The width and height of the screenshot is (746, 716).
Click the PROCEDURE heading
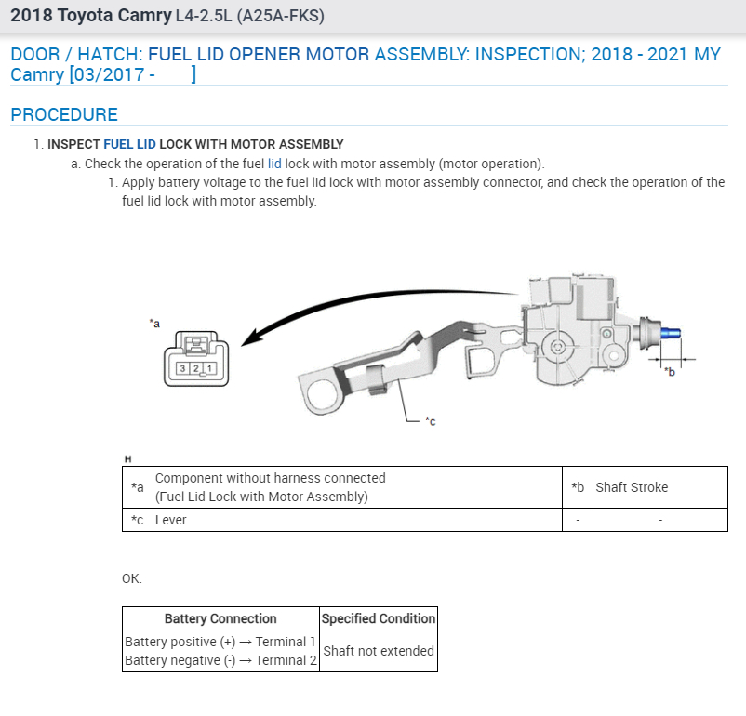pos(64,114)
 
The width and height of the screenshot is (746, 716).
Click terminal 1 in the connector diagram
pos(210,368)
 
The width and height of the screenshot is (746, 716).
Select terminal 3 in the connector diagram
pos(184,368)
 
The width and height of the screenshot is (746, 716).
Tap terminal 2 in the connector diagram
pos(197,368)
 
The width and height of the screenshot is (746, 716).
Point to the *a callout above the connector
pos(154,323)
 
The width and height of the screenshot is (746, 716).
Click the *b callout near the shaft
pos(669,372)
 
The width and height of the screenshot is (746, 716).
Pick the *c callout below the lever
pos(430,421)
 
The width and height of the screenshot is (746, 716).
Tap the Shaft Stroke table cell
pos(632,487)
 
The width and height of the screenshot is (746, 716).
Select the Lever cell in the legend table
pos(170,520)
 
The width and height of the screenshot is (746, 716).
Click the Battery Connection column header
pos(220,618)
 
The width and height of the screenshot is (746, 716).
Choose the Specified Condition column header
pos(378,618)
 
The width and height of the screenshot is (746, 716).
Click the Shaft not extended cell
pos(378,651)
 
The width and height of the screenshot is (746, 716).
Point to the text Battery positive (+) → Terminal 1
pos(220,642)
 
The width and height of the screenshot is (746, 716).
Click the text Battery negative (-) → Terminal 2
pos(220,660)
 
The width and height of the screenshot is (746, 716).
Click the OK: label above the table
pos(132,578)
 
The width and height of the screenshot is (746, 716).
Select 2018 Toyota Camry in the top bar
pos(89,16)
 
